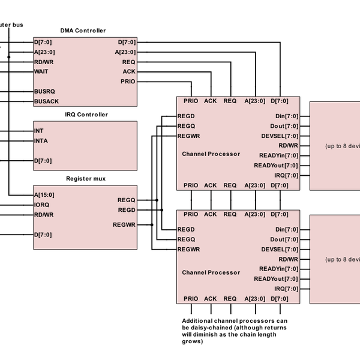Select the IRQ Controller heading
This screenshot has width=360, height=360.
[x=86, y=115]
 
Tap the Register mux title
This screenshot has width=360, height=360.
[x=86, y=178]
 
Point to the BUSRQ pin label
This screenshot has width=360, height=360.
[x=44, y=92]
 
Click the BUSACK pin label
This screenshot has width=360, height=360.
[x=46, y=101]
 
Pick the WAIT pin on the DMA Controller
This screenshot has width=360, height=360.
[x=41, y=71]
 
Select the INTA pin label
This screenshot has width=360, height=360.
[x=41, y=141]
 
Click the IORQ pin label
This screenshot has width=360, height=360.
[x=42, y=205]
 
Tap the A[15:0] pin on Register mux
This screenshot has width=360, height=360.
[x=44, y=194]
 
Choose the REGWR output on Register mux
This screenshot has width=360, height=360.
[x=124, y=224]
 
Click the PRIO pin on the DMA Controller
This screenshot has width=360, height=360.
[x=128, y=81]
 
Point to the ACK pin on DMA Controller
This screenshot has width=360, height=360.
[x=129, y=71]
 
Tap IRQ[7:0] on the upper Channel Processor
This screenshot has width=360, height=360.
[x=286, y=175]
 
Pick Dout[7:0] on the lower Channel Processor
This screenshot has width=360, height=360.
[x=284, y=239]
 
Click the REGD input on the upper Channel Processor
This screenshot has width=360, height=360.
[x=186, y=116]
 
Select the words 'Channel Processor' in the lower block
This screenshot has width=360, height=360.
[x=211, y=272]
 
